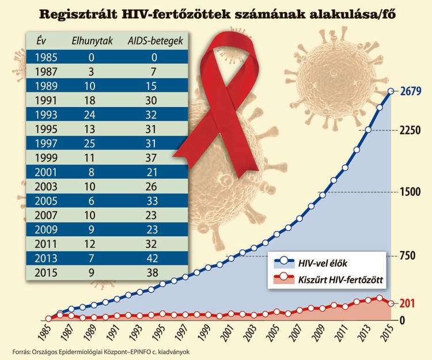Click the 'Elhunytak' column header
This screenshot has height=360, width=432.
tap(92, 41)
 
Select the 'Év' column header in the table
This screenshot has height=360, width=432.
tap(40, 41)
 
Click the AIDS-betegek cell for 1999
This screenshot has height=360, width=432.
tap(151, 156)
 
